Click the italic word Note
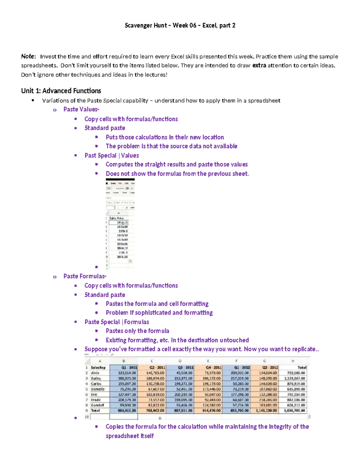[28, 56]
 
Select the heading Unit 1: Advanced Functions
[61, 91]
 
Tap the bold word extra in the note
[259, 65]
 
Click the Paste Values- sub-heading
[81, 110]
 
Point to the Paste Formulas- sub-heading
[85, 276]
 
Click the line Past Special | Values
[112, 155]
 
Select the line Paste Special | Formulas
[117, 322]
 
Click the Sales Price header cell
[117, 218]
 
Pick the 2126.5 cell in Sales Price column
[122, 231]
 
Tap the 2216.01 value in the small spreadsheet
[122, 244]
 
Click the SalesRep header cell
[98, 368]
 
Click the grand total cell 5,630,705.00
[294, 410]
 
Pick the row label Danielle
[98, 389]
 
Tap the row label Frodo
[96, 400]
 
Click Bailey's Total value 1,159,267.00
[294, 378]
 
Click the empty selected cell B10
[124, 417]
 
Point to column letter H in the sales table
[292, 361]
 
